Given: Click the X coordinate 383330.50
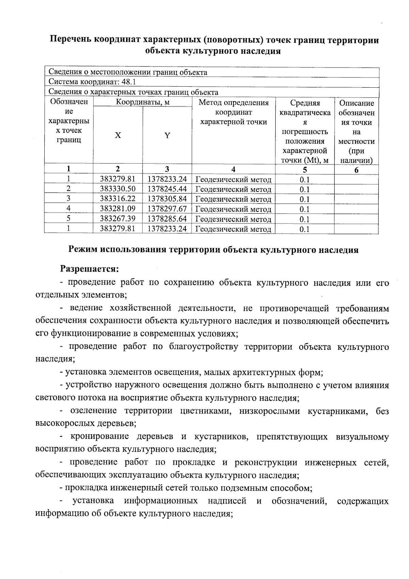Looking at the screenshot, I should coord(117,189).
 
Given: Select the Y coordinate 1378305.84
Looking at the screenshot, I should coord(167,199).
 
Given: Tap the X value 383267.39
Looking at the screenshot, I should coord(117,218).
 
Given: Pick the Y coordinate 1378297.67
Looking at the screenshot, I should coord(167,208).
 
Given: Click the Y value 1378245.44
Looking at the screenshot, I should coord(167,189).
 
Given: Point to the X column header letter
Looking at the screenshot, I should coord(118,135).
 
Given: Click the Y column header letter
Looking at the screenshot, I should coord(167,135).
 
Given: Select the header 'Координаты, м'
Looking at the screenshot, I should coord(142,102).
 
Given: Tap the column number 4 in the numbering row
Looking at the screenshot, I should coord(233,169).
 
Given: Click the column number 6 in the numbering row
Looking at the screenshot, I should coord(356,170).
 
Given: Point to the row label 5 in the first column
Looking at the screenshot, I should coord(69,218).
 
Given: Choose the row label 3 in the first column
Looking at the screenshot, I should coord(69,199).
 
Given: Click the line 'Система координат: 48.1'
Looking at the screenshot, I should coord(92,82).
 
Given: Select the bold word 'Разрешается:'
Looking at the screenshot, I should coord(90,269).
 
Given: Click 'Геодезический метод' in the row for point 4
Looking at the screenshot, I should coord(233,209).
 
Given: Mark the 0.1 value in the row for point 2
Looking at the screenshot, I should coord(304,189).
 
